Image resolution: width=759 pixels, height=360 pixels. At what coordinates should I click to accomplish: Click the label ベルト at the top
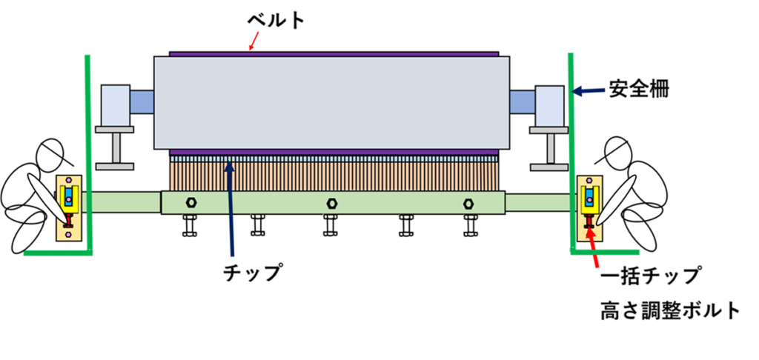coord(276,20)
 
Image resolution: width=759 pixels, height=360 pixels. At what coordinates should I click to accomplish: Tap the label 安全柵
coord(640,91)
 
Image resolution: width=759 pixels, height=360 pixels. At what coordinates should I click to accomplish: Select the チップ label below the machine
coord(253,273)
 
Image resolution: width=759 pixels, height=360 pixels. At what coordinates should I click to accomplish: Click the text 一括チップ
coord(650,276)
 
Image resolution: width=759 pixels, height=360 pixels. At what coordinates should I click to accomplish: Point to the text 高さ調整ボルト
coord(670,310)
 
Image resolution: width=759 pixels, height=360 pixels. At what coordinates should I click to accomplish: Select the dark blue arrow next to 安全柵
coord(589,91)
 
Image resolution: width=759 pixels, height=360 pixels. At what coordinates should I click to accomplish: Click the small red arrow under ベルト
coord(253,43)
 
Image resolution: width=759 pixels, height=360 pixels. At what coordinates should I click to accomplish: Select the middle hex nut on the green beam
coord(331,202)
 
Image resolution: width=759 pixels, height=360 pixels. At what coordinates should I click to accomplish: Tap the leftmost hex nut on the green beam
coord(191,202)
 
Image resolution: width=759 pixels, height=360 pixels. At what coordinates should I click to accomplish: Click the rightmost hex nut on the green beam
coord(468,202)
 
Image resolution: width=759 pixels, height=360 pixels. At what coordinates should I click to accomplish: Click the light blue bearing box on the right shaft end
coord(550,104)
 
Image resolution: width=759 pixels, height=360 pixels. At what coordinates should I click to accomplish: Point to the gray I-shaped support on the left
coord(115,147)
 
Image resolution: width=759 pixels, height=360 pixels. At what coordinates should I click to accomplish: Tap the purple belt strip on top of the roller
coord(334,53)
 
